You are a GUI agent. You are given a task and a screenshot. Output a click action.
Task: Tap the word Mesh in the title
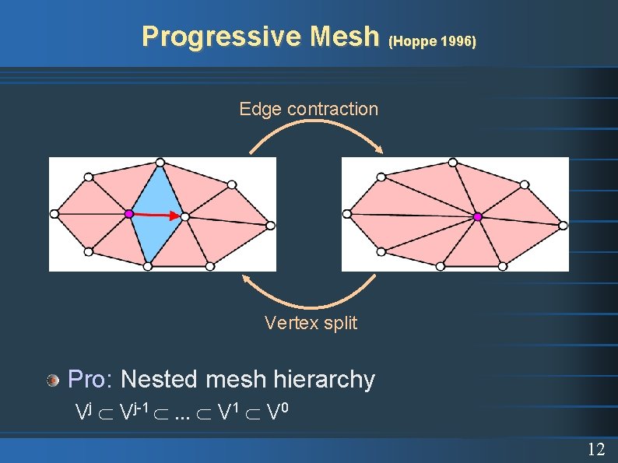pyautogui.click(x=343, y=37)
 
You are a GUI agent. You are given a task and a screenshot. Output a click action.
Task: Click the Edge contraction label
pyautogui.click(x=308, y=109)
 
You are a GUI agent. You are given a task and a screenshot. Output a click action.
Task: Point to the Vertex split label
pyautogui.click(x=311, y=323)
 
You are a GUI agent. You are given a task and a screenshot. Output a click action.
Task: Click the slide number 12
pyautogui.click(x=595, y=449)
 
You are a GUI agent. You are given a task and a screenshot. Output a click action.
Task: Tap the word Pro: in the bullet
pyautogui.click(x=91, y=380)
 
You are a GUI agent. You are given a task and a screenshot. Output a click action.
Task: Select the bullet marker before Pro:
pyautogui.click(x=53, y=380)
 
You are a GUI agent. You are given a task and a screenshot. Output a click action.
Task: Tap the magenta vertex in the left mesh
pyautogui.click(x=128, y=213)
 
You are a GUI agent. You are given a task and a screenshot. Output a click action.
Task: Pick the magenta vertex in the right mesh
pyautogui.click(x=478, y=216)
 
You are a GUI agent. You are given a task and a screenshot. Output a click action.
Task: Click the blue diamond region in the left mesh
pyautogui.click(x=156, y=210)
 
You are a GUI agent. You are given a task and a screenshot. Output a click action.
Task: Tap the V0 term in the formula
pyautogui.click(x=273, y=412)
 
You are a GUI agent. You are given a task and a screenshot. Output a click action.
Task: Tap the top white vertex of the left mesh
pyautogui.click(x=160, y=163)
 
